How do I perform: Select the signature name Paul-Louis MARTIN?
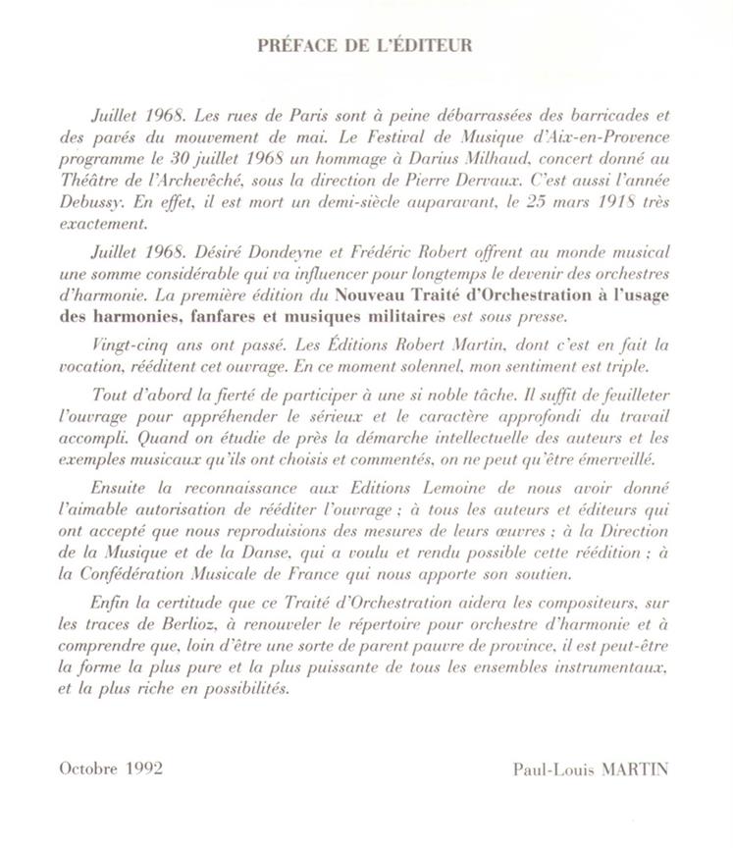pos(590,768)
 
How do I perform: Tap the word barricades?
pos(600,114)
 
